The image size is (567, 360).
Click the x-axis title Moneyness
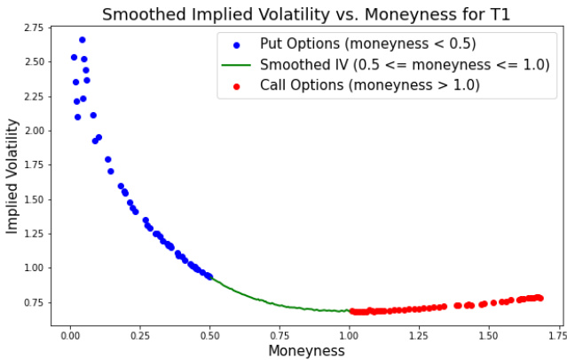click(x=306, y=350)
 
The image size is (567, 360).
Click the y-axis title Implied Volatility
click(x=12, y=182)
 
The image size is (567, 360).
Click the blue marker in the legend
click(x=234, y=44)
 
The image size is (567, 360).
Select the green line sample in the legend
click(x=234, y=65)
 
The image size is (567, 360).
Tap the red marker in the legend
click(x=234, y=86)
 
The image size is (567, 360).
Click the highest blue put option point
click(x=83, y=40)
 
